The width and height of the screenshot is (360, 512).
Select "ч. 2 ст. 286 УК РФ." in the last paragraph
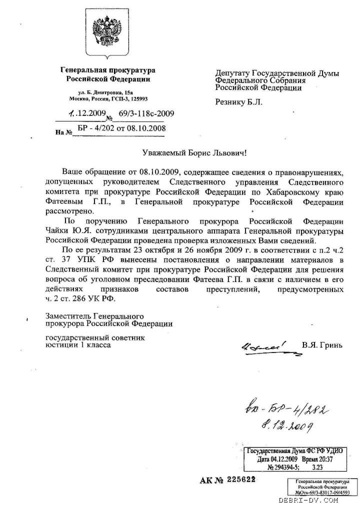pos(80,299)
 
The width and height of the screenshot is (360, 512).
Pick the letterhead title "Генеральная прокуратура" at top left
pos(107,70)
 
